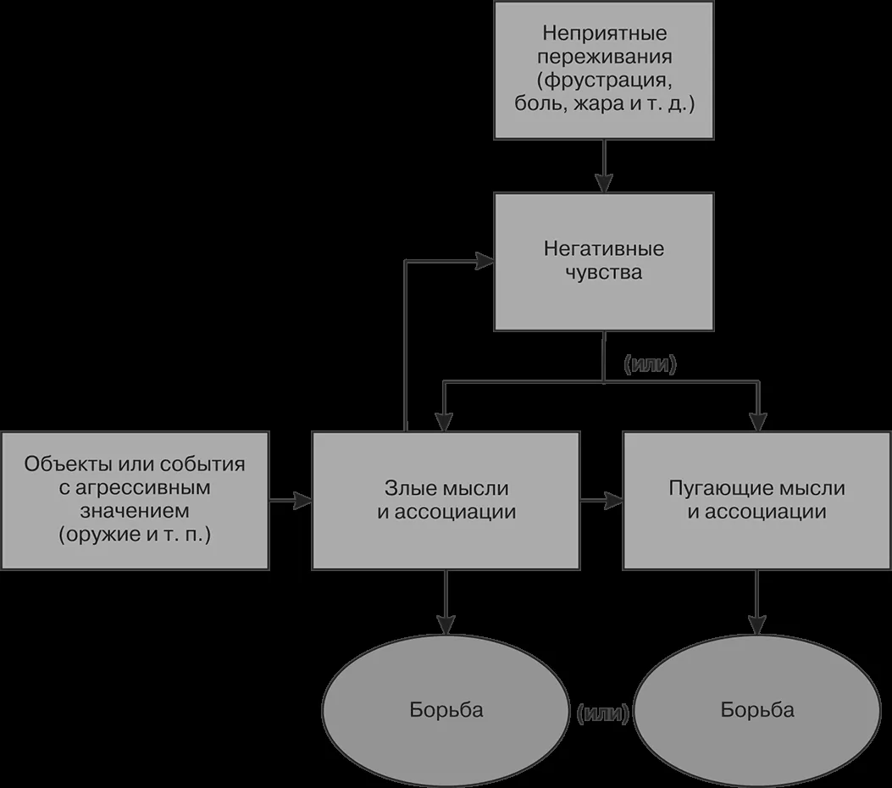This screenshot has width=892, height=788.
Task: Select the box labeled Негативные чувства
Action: (604, 262)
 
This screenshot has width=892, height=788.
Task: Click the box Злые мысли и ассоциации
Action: (446, 500)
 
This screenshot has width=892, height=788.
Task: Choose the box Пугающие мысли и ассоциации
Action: (756, 500)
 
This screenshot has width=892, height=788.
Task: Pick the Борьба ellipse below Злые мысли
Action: (446, 710)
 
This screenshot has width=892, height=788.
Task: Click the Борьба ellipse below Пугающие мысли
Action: (757, 710)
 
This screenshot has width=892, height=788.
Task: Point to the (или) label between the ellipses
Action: (602, 713)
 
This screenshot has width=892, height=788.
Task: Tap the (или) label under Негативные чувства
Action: (651, 364)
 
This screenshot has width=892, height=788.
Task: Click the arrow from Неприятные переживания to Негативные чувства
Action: (604, 165)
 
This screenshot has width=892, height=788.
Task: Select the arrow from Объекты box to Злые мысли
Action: (290, 501)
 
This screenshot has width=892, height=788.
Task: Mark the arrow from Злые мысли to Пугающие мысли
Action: (601, 501)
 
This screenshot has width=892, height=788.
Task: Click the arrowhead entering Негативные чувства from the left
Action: (485, 261)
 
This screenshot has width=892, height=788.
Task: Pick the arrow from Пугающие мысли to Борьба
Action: (756, 602)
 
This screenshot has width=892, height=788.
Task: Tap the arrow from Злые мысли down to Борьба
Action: (446, 602)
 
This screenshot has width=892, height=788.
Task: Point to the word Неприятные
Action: (605, 33)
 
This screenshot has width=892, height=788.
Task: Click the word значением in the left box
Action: (134, 511)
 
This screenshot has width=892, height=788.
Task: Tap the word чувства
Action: (604, 272)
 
